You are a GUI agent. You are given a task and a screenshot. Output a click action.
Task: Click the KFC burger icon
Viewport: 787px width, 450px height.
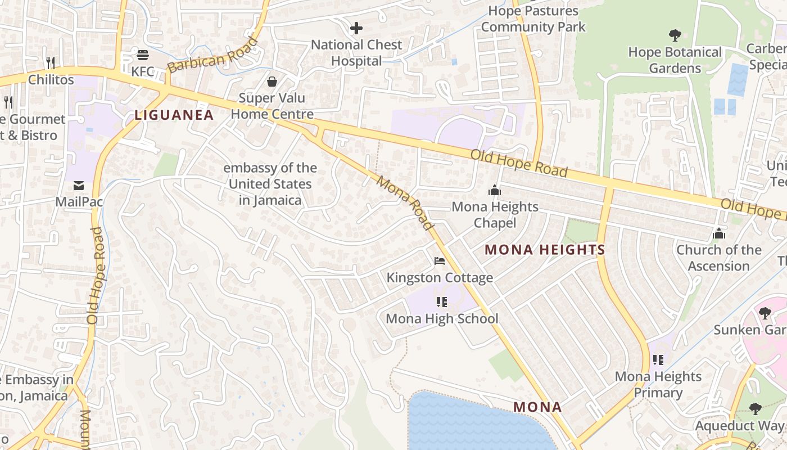(143, 55)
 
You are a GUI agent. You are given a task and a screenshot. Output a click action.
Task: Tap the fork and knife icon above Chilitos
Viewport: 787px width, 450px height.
(51, 62)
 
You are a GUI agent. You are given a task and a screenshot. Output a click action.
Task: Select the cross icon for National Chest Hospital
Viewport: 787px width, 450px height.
(356, 28)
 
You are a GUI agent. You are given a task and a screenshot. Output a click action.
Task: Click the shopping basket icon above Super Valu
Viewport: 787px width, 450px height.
(272, 82)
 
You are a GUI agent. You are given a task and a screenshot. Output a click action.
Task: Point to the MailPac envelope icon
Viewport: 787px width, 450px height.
(78, 185)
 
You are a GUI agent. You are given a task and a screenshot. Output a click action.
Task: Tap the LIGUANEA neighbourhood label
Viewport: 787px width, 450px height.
(174, 115)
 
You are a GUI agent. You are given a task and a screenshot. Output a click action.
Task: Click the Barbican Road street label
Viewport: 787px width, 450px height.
(212, 55)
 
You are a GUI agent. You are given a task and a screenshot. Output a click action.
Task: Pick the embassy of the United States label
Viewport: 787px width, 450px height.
(270, 184)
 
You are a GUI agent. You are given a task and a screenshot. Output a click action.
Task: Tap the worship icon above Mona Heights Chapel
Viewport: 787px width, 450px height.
(495, 190)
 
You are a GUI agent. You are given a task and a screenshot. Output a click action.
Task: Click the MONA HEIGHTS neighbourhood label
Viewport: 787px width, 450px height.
(545, 250)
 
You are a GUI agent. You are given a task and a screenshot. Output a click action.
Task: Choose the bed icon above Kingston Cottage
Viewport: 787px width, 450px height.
(440, 261)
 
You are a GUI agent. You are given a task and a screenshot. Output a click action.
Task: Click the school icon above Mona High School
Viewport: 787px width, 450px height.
(442, 302)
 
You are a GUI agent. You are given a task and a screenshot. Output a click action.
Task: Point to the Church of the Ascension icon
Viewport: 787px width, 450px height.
(719, 233)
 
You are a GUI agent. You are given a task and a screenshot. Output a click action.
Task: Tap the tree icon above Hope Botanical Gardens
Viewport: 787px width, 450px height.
(675, 35)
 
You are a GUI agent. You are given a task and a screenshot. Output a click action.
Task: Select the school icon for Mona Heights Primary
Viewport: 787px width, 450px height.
(658, 360)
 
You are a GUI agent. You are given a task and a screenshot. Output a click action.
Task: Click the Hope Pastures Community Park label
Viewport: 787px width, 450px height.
(533, 19)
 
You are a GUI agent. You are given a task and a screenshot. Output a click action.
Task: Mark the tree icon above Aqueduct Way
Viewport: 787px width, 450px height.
(756, 409)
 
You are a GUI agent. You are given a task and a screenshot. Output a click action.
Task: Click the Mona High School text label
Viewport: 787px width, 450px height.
(442, 319)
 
